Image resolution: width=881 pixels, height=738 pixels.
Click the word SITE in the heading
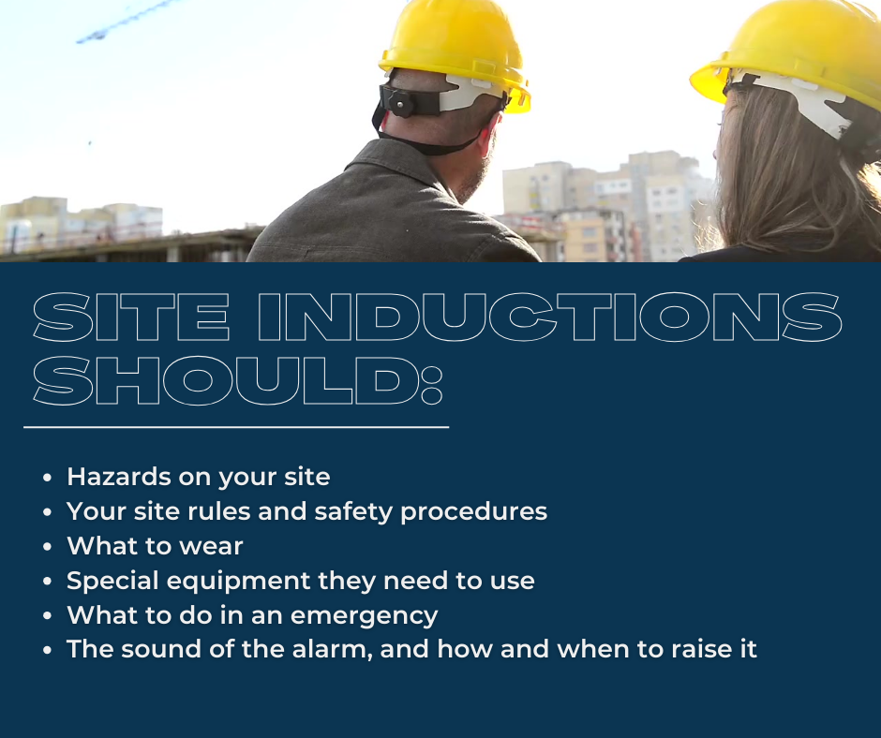[131, 317]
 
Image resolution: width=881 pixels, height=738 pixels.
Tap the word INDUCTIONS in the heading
[550, 317]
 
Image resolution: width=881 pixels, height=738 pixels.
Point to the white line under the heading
[236, 427]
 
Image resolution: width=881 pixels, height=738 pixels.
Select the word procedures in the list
[473, 512]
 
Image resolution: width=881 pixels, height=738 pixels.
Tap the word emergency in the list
[364, 616]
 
